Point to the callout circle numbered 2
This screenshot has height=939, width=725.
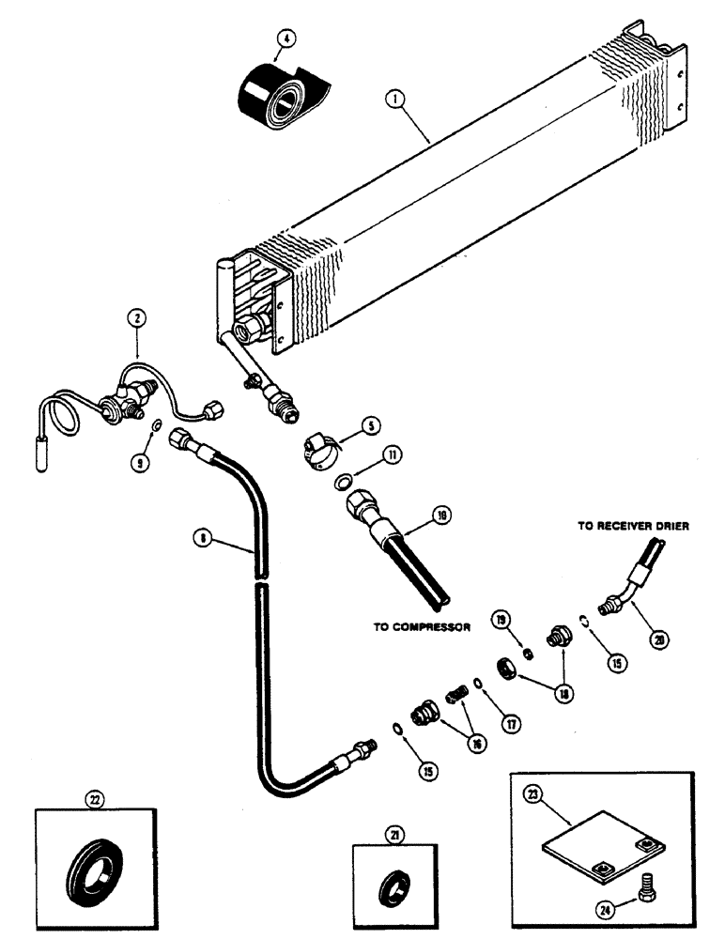tap(138, 320)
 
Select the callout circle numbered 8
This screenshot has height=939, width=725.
tap(200, 538)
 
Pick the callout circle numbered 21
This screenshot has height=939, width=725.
tap(392, 833)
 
